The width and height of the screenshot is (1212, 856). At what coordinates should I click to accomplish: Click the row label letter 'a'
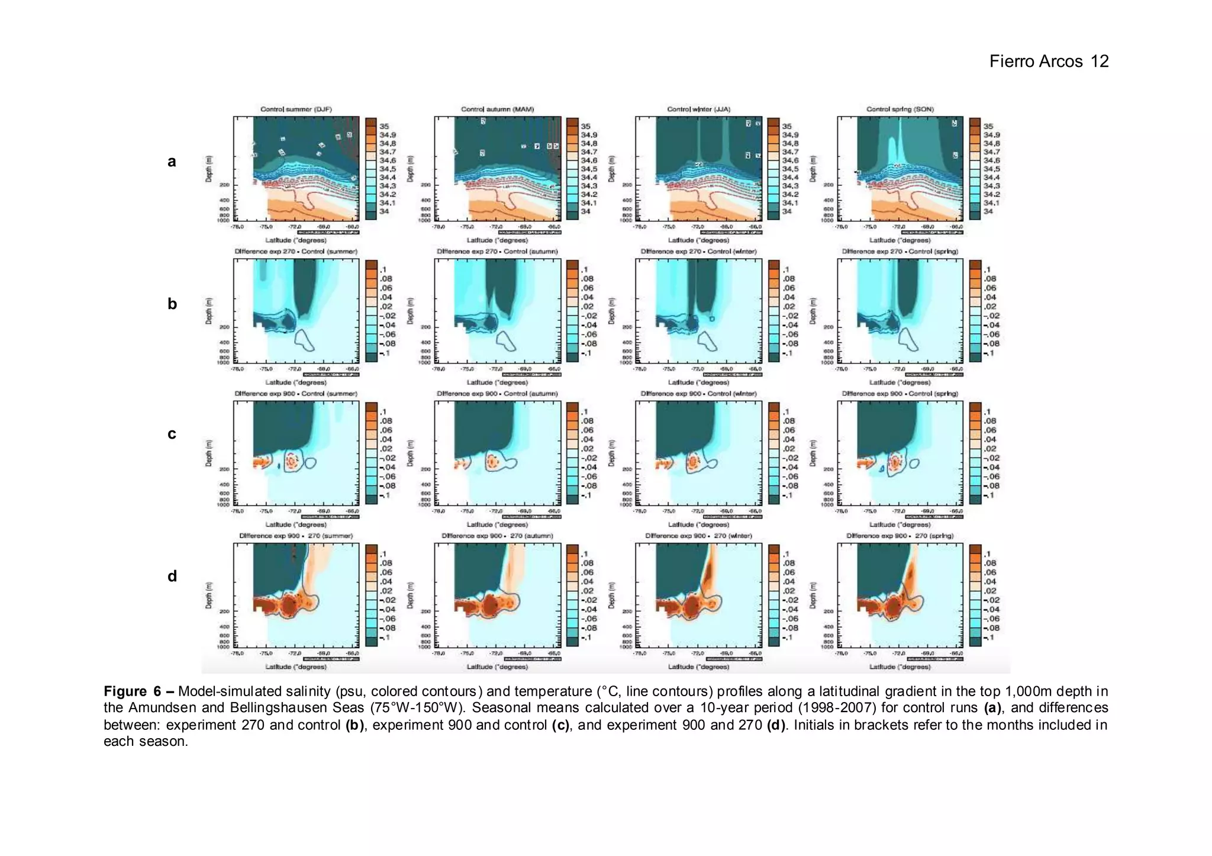(172, 162)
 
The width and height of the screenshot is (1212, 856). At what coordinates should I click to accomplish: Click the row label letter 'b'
(172, 304)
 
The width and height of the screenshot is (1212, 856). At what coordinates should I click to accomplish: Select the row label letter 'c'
(172, 434)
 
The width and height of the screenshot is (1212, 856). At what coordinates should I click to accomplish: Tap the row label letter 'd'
(172, 576)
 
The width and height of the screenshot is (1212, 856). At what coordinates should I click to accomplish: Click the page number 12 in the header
(1100, 62)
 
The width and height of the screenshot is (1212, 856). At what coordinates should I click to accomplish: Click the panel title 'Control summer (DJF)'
(296, 110)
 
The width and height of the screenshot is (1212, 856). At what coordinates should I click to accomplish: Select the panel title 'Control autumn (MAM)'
(497, 110)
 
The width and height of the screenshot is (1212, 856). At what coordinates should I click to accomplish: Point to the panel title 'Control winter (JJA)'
(698, 110)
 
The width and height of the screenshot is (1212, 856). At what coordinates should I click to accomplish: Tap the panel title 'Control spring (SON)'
(900, 110)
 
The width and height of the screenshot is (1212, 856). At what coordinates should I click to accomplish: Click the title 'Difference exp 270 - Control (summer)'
(296, 252)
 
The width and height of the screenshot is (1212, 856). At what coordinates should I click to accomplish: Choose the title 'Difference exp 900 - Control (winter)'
(698, 394)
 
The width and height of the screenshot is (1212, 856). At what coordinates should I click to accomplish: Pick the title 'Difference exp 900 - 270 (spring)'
(900, 536)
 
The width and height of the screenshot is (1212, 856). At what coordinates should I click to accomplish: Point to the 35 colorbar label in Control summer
(384, 126)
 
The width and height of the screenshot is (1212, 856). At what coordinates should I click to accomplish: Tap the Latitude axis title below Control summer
(295, 240)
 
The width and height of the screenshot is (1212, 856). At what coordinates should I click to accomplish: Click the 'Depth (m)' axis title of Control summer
(208, 169)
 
